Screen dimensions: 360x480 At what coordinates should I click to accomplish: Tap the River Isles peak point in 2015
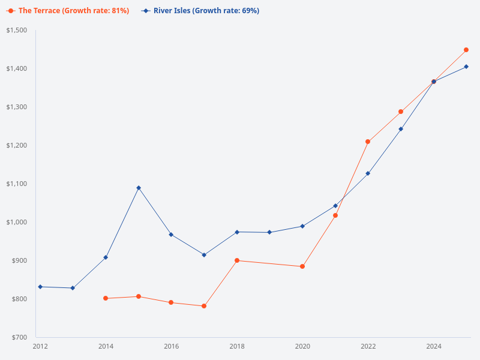139,188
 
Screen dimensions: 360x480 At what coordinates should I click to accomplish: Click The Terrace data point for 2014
106,298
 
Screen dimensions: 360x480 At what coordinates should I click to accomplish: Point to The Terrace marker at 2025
466,50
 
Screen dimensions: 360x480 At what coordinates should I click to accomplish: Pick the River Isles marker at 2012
40,287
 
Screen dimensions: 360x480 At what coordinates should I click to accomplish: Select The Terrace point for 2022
368,142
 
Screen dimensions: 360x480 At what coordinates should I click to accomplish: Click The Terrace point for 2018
237,260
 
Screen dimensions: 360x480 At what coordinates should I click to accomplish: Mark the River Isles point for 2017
204,255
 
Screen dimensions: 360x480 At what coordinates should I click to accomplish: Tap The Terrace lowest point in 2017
204,306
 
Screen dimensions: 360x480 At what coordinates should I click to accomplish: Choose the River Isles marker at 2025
466,67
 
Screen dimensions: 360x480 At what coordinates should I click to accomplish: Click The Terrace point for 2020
302,266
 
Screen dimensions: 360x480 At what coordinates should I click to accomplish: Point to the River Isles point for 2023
401,129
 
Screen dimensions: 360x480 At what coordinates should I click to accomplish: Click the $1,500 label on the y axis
17,30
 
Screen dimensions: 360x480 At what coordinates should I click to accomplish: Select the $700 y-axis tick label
19,337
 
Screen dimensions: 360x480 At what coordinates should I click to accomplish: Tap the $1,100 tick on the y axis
17,184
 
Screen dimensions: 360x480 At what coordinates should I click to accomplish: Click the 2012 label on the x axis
40,346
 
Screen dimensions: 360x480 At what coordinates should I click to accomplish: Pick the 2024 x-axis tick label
434,346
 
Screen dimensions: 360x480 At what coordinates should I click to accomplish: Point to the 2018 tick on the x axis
237,346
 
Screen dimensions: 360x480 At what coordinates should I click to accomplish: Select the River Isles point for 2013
73,288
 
